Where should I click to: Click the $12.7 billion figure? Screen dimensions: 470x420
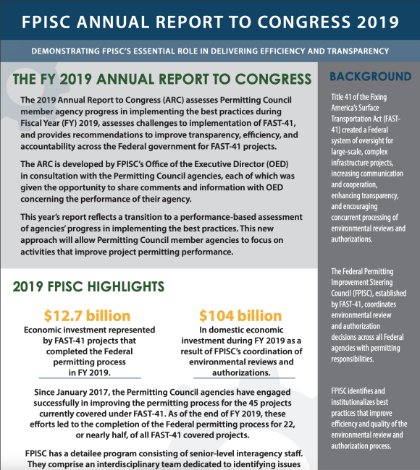point(87,315)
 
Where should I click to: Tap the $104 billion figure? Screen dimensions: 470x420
point(240,315)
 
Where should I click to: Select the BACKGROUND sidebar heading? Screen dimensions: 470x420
point(370,77)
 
